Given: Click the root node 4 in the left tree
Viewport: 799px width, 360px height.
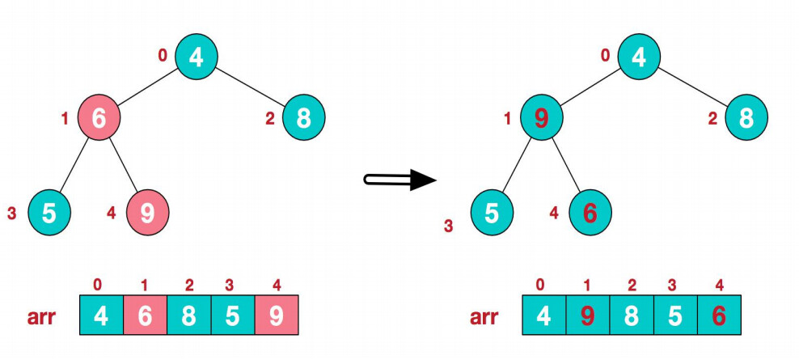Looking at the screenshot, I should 196,57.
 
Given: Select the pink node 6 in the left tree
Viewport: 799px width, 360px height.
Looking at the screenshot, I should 99,118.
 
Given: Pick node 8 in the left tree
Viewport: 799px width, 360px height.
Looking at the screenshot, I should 303,118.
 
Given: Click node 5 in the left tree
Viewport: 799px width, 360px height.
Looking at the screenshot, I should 49,212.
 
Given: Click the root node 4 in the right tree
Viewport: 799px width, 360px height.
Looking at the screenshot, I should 639,57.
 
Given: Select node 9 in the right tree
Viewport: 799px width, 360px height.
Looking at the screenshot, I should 542,118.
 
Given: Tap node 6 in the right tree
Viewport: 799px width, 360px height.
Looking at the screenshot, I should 590,212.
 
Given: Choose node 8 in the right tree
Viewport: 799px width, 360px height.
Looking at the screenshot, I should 746,118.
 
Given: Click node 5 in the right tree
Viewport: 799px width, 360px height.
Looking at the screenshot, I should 492,212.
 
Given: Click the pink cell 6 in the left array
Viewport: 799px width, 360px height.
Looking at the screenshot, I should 145,315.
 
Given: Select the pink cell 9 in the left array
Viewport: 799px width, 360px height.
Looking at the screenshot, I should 277,315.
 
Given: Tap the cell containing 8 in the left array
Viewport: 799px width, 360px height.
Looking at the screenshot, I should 188,315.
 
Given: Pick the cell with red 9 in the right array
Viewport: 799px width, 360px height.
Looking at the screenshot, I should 588,315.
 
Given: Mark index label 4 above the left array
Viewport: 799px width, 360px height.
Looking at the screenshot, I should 276,284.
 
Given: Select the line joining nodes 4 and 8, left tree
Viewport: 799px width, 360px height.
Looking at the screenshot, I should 251,88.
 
